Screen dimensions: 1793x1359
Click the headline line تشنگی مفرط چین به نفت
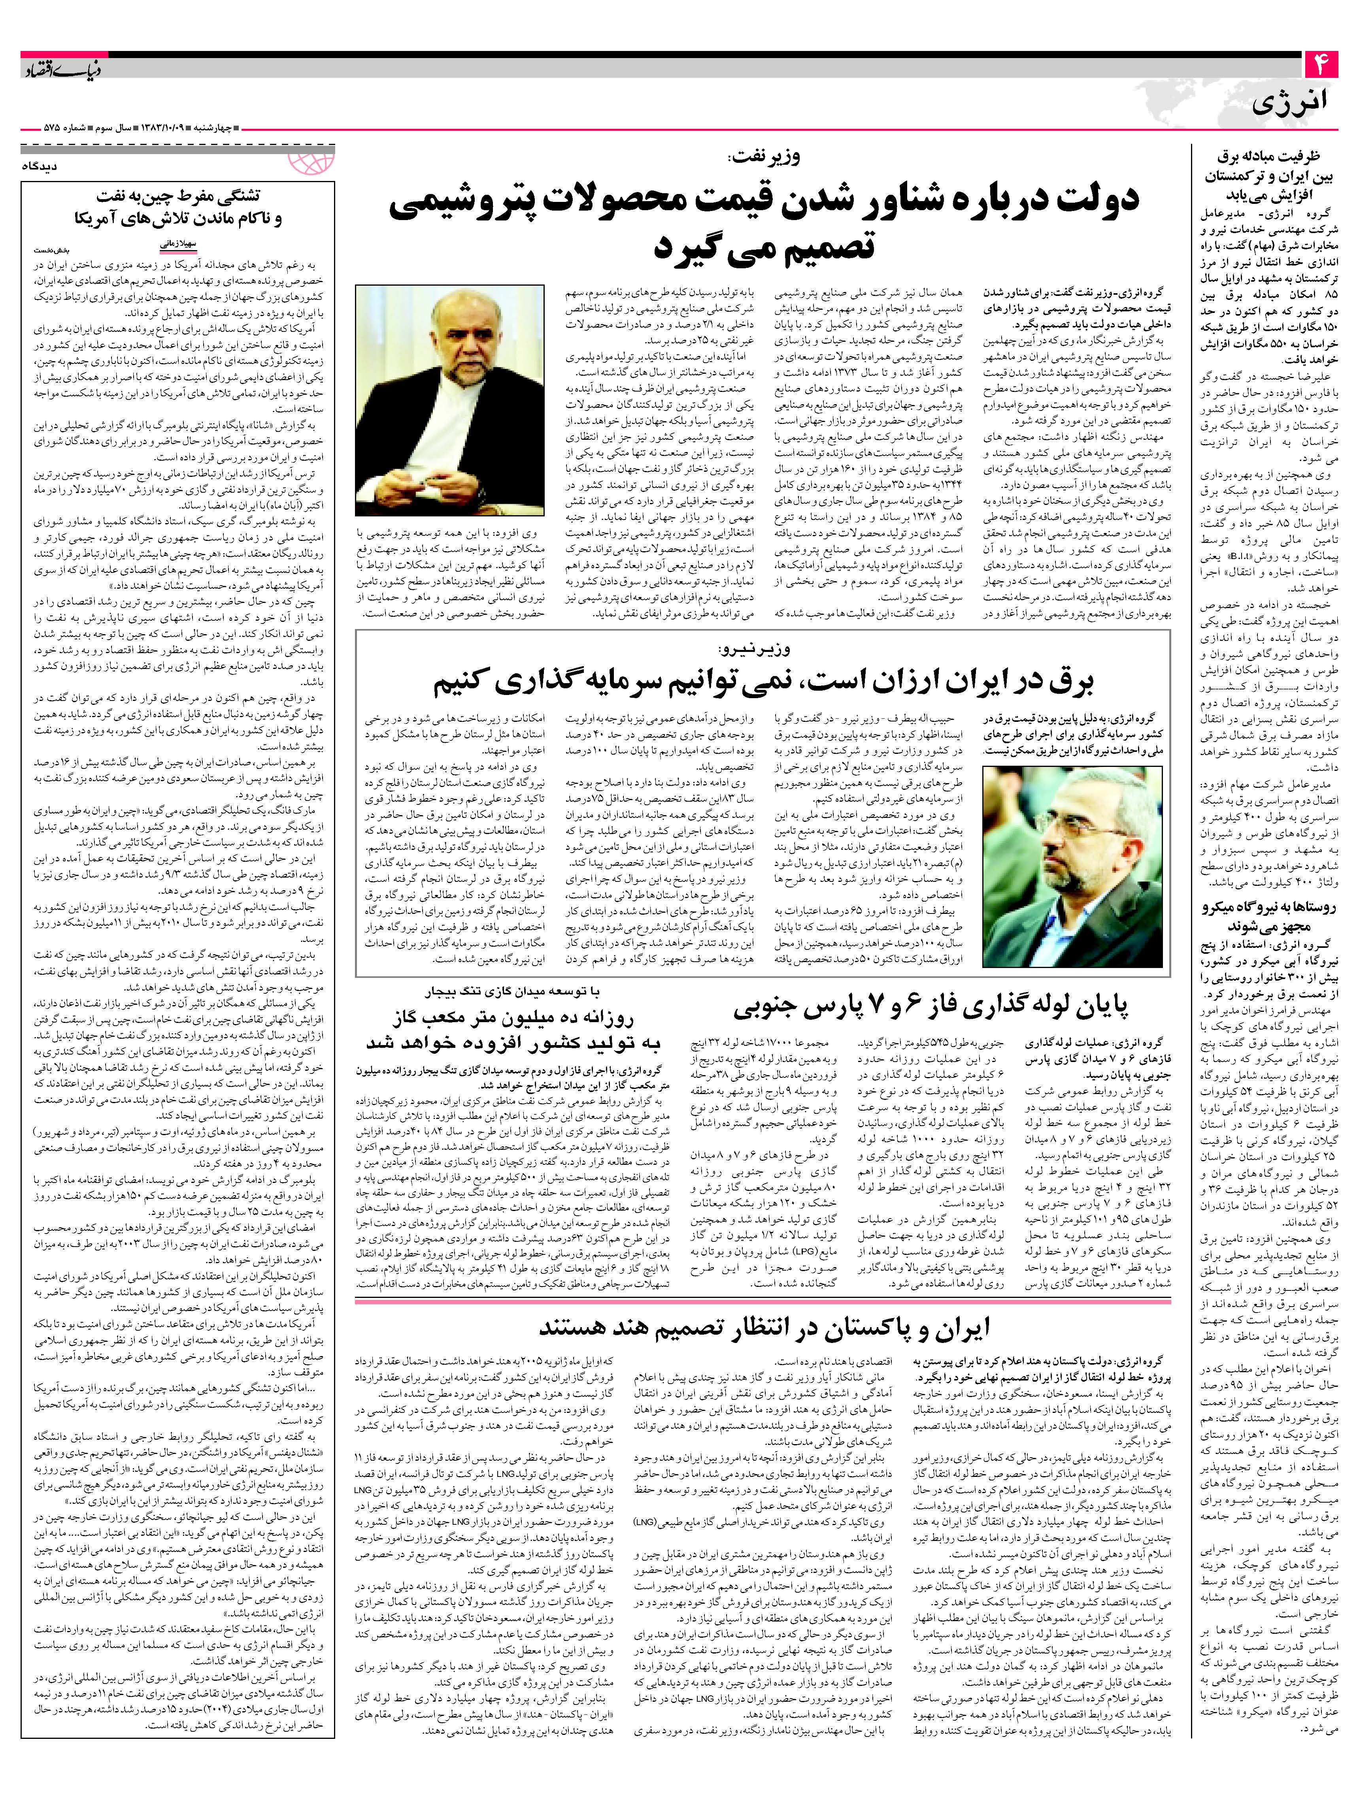tap(177, 197)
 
